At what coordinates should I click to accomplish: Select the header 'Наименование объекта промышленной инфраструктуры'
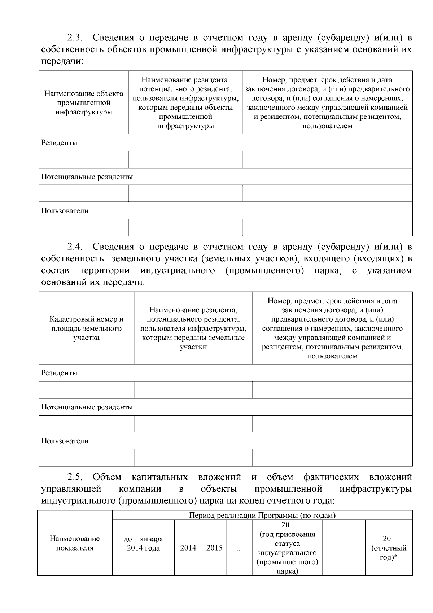(x=84, y=103)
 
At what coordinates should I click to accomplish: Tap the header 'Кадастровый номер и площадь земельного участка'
(x=86, y=329)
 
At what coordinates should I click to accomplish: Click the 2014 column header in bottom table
(x=188, y=548)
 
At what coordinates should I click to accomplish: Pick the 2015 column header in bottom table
(x=214, y=548)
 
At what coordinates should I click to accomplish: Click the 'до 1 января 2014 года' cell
(x=143, y=543)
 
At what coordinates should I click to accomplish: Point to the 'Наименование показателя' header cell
(x=74, y=543)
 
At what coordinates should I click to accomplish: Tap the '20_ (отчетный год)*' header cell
(x=389, y=548)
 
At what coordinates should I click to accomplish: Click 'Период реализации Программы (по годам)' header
(x=262, y=515)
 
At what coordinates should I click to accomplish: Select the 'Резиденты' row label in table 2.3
(x=59, y=143)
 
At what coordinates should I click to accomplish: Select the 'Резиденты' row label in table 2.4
(x=59, y=373)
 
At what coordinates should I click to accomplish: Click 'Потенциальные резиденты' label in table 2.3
(x=87, y=177)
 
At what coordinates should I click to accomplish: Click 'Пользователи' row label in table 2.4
(x=65, y=441)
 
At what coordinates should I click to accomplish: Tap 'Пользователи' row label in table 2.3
(x=65, y=211)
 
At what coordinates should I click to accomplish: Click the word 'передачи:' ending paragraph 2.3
(x=62, y=61)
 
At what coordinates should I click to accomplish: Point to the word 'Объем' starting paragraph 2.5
(x=107, y=477)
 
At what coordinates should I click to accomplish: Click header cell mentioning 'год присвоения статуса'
(x=287, y=548)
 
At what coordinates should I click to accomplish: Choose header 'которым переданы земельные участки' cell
(x=193, y=329)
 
